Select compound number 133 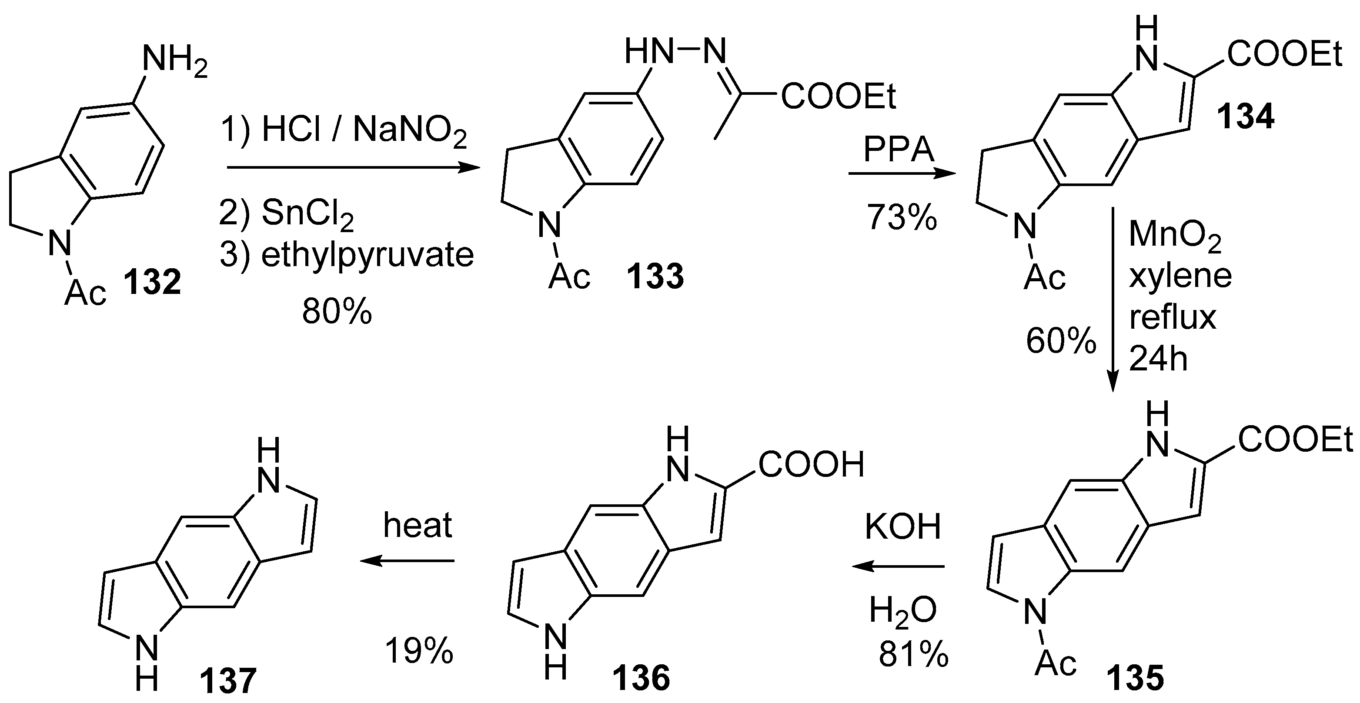[x=655, y=276]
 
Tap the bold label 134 [x=1246, y=116]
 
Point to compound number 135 [x=1135, y=678]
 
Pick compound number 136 [x=641, y=678]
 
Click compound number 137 [x=227, y=680]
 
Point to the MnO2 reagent [x=1175, y=235]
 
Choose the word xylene [x=1180, y=276]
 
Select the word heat [x=418, y=525]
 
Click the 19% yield [x=419, y=650]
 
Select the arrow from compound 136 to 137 [x=407, y=561]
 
